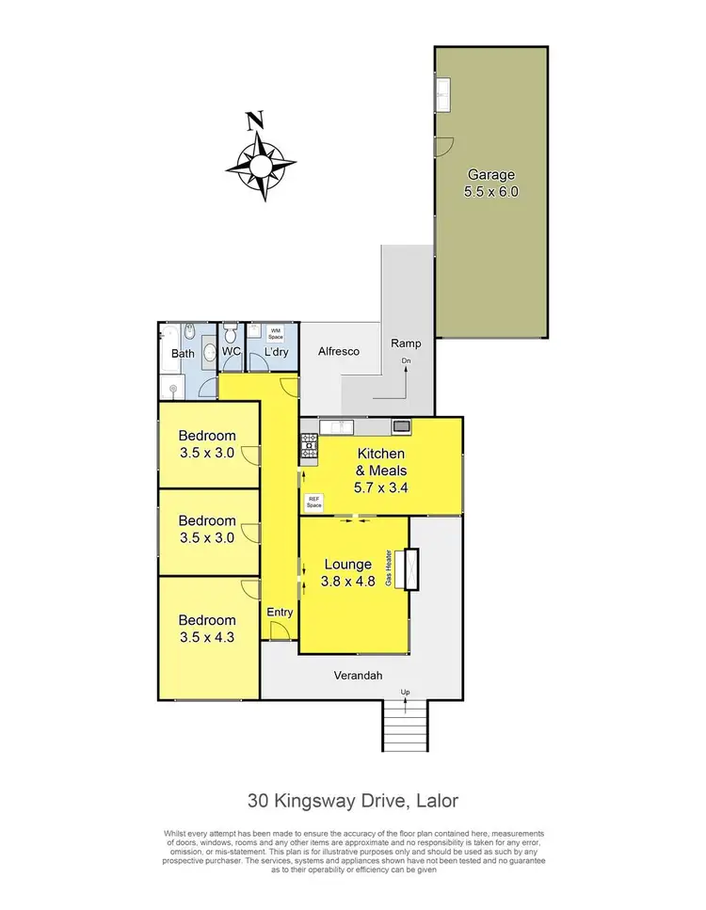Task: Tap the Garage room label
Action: coord(491,174)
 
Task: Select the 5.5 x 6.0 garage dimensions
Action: coord(491,191)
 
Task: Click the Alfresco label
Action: coord(335,349)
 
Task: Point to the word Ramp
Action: coord(407,344)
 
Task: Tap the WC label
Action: coord(232,352)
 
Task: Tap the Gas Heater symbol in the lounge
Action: coord(409,568)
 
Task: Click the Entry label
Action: coord(280,612)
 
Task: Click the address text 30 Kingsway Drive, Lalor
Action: coord(352,802)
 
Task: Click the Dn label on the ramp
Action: coord(407,361)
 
